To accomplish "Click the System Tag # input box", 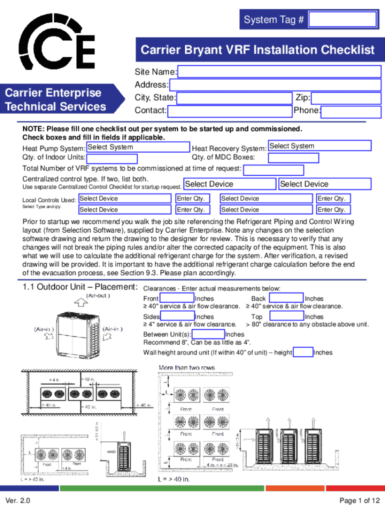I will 342,20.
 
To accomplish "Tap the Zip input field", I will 342,98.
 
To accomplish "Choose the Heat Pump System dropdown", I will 138,147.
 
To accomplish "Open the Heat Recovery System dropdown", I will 319,146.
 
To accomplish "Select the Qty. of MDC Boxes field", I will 293,158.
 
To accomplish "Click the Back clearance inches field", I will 286,298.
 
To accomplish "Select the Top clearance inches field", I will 286,316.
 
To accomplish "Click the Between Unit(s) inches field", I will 208,334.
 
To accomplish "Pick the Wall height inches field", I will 303,352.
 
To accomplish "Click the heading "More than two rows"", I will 187,368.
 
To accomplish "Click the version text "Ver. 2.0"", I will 18,501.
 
